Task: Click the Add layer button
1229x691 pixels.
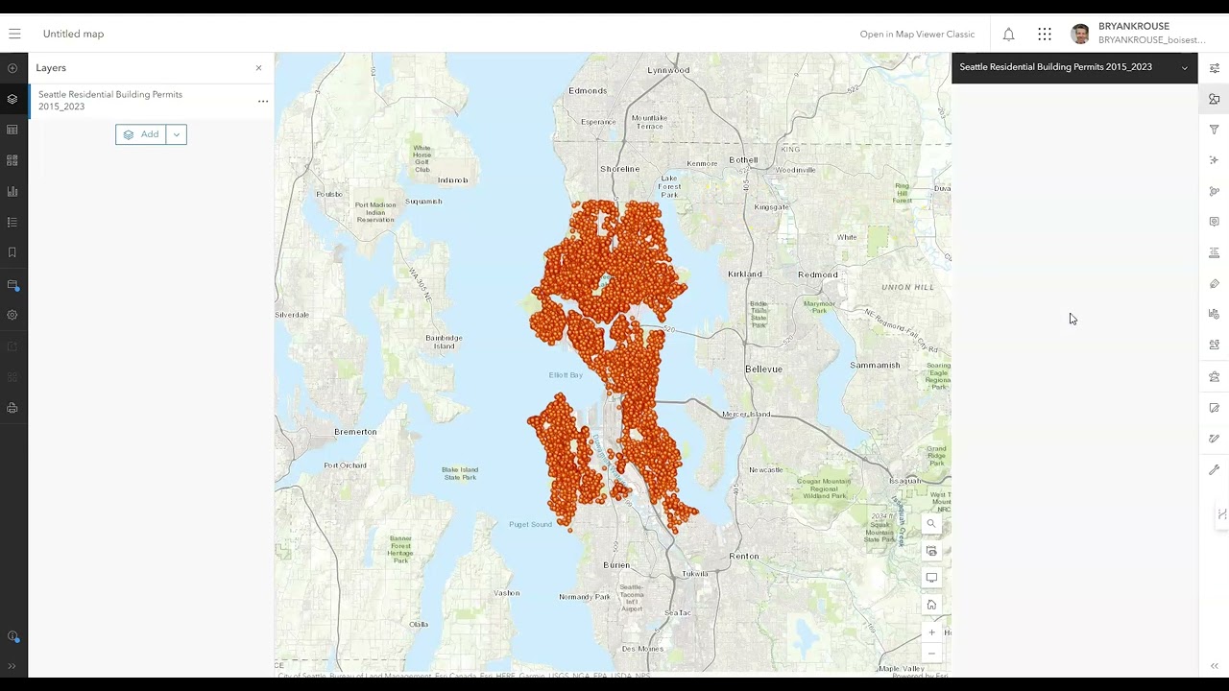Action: [141, 134]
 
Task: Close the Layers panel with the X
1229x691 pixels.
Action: [258, 68]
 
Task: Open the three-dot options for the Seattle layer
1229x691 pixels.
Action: [262, 101]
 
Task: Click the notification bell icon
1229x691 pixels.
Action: [1008, 35]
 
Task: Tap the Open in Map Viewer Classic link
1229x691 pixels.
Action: [917, 35]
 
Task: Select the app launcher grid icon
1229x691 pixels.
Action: [1045, 35]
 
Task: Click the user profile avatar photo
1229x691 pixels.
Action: [1080, 35]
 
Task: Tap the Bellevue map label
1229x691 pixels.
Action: [763, 369]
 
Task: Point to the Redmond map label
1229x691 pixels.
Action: [818, 274]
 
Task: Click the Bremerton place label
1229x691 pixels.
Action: [355, 432]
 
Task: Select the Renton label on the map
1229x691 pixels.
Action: [744, 556]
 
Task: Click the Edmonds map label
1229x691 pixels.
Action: [588, 91]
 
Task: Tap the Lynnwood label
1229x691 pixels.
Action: [668, 70]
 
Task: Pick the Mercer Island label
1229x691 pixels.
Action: [746, 415]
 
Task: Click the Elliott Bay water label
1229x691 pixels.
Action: [566, 375]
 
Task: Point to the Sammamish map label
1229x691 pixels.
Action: [875, 365]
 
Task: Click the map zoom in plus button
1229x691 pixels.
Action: [931, 632]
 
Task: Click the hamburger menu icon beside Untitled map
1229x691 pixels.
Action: [14, 34]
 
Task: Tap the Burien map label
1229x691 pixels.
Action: [616, 565]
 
